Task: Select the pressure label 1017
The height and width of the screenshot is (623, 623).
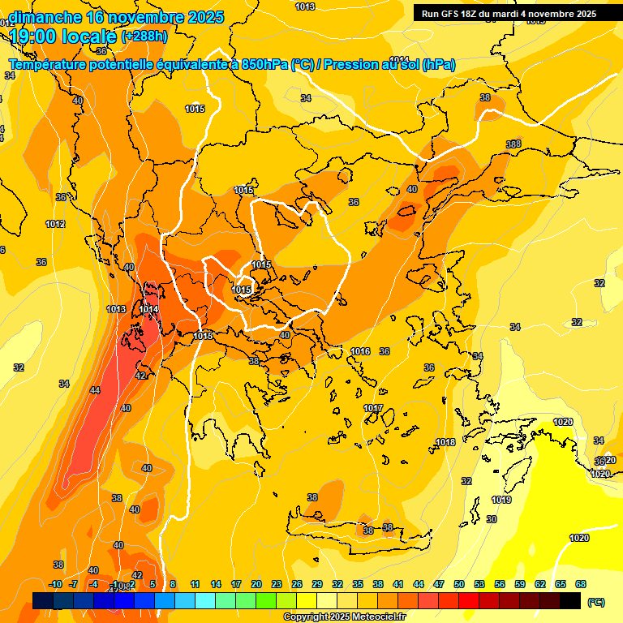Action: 373,408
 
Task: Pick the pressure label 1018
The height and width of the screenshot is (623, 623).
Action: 445,442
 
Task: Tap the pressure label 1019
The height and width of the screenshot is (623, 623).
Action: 501,500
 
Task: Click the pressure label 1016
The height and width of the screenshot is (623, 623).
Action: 361,351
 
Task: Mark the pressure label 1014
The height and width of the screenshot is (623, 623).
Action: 148,309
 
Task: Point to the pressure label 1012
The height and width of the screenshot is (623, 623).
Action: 55,224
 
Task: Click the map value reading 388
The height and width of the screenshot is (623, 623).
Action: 513,144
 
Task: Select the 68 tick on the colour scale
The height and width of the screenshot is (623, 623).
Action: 581,584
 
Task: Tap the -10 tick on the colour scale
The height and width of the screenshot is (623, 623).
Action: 56,584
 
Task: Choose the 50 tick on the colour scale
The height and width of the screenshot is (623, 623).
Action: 459,584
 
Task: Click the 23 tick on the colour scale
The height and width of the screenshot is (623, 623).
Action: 276,584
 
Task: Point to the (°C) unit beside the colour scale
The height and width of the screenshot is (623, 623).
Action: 595,602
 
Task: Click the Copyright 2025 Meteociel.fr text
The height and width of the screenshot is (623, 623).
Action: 345,617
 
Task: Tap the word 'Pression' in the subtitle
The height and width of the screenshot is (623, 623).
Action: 353,65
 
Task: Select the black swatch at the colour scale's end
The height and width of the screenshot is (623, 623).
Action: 570,600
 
